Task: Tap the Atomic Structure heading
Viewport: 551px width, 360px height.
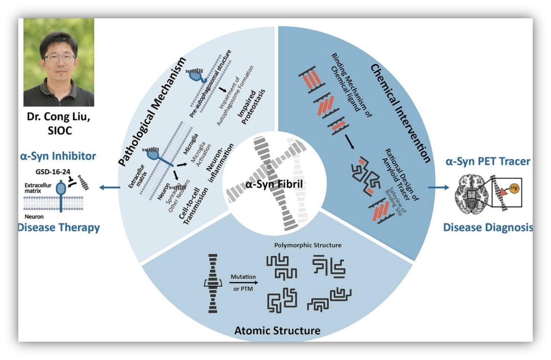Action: tap(277, 330)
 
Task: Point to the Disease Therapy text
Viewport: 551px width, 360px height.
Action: tap(59, 228)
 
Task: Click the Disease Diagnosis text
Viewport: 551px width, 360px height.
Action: tap(488, 228)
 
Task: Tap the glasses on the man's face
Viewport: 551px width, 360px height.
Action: tap(60, 57)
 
